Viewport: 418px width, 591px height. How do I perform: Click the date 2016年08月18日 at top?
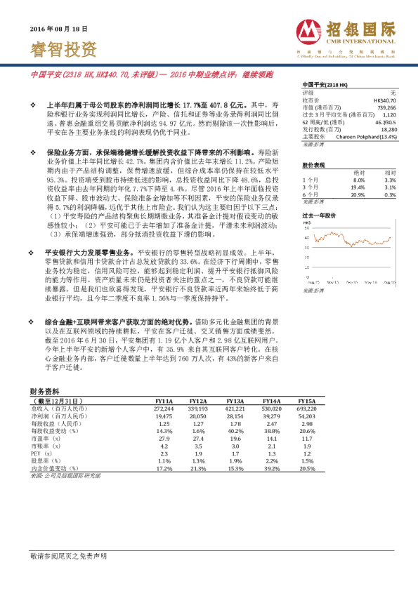pyautogui.click(x=59, y=29)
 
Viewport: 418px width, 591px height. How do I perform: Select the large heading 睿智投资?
pyautogui.click(x=64, y=49)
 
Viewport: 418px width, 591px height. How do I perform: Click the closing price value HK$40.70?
pyautogui.click(x=384, y=100)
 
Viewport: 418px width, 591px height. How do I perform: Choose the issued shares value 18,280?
pyautogui.click(x=389, y=130)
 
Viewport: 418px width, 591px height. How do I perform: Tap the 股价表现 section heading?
pyautogui.click(x=313, y=165)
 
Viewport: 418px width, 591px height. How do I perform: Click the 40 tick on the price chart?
pyautogui.click(x=308, y=237)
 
